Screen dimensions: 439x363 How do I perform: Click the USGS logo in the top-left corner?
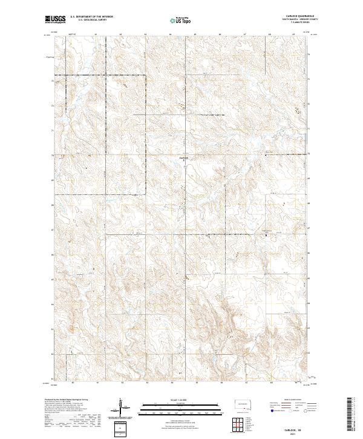coord(55,19)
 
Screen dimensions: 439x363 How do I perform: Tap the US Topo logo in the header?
coord(181,21)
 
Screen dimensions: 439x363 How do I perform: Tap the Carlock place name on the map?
coord(185,158)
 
